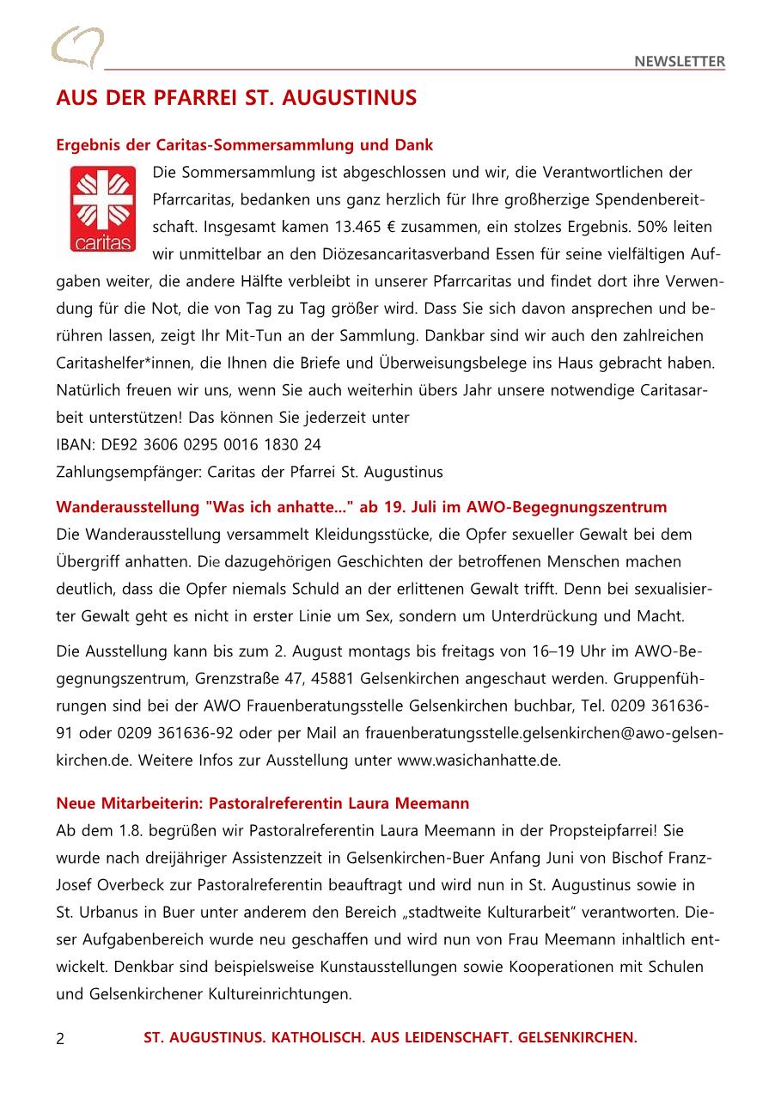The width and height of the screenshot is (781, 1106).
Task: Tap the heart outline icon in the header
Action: coord(77,47)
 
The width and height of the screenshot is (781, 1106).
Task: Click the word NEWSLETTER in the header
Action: coord(680,62)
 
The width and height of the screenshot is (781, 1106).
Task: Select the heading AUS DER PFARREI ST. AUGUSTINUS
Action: coord(236,98)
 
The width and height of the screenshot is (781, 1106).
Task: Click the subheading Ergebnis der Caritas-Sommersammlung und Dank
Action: coord(245,144)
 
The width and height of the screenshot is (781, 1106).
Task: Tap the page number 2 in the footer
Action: coord(60,1039)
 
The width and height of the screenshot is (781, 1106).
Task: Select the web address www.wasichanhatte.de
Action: coord(478,761)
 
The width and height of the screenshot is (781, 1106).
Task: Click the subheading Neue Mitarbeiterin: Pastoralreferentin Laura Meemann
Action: coord(263,804)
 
